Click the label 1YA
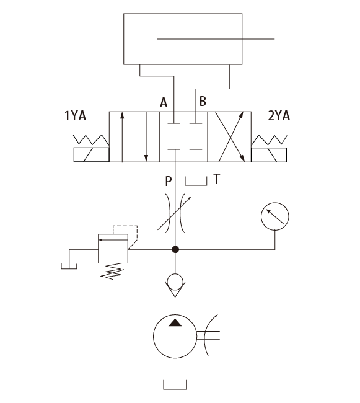(x=75, y=115)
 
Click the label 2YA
(x=279, y=115)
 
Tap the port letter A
(x=164, y=103)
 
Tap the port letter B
(x=203, y=101)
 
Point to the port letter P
(x=168, y=181)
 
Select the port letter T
(x=217, y=179)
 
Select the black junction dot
(x=175, y=249)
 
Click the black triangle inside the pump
(x=175, y=323)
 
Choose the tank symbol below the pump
(x=175, y=389)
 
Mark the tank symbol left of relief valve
(x=69, y=268)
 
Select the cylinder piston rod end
(x=274, y=39)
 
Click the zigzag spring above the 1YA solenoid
(x=91, y=140)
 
